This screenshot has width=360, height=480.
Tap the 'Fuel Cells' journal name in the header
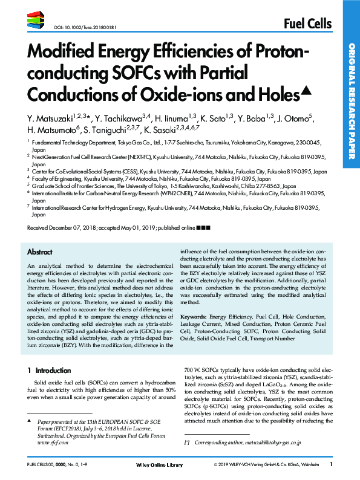click(x=307, y=24)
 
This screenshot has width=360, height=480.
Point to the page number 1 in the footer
click(x=332, y=464)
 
